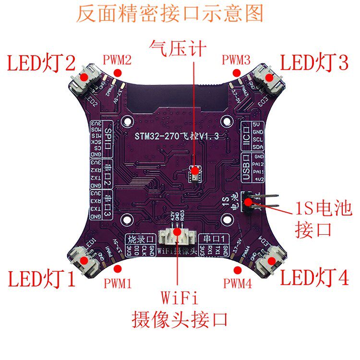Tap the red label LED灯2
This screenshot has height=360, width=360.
pos(41,63)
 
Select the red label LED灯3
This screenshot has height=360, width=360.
pos(314,63)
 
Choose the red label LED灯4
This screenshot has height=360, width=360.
pos(314,278)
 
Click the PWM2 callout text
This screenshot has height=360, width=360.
pos(117,60)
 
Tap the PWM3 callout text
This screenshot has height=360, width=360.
pos(236,60)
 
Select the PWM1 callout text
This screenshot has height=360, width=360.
pos(118,283)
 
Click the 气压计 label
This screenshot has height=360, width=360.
pos(178,48)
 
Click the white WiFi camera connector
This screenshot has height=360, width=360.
pos(177,235)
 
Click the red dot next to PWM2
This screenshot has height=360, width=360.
pos(118,72)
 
